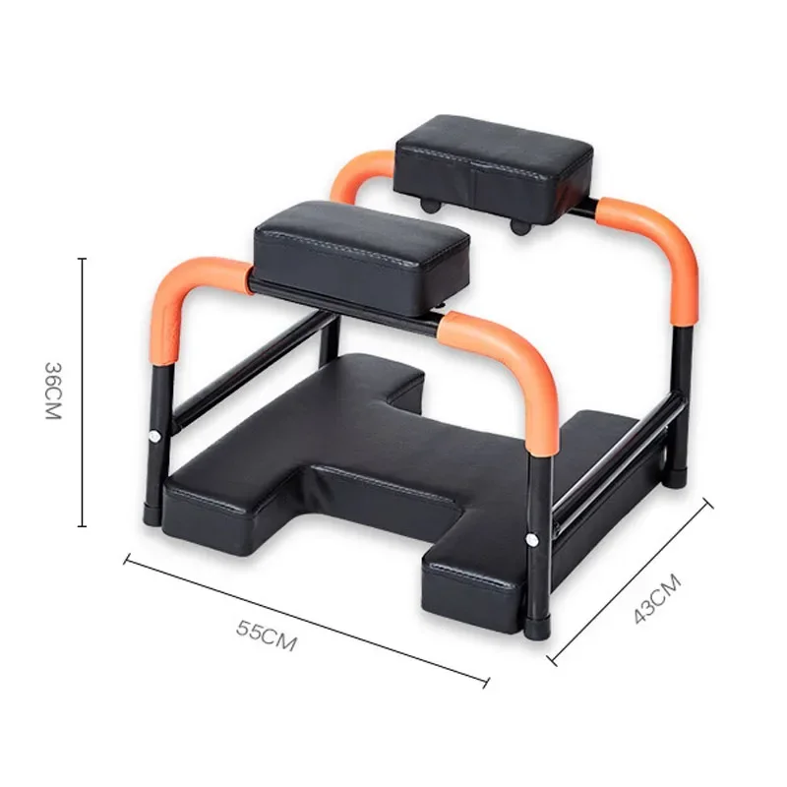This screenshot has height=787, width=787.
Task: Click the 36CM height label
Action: [53, 391]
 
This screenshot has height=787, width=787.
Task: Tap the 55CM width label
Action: [267, 636]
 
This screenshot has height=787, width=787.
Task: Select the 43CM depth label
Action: [657, 599]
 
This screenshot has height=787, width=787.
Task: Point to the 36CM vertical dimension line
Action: [83, 393]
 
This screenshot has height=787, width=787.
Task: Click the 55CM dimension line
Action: [307, 621]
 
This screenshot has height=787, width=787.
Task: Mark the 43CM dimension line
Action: [631, 581]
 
